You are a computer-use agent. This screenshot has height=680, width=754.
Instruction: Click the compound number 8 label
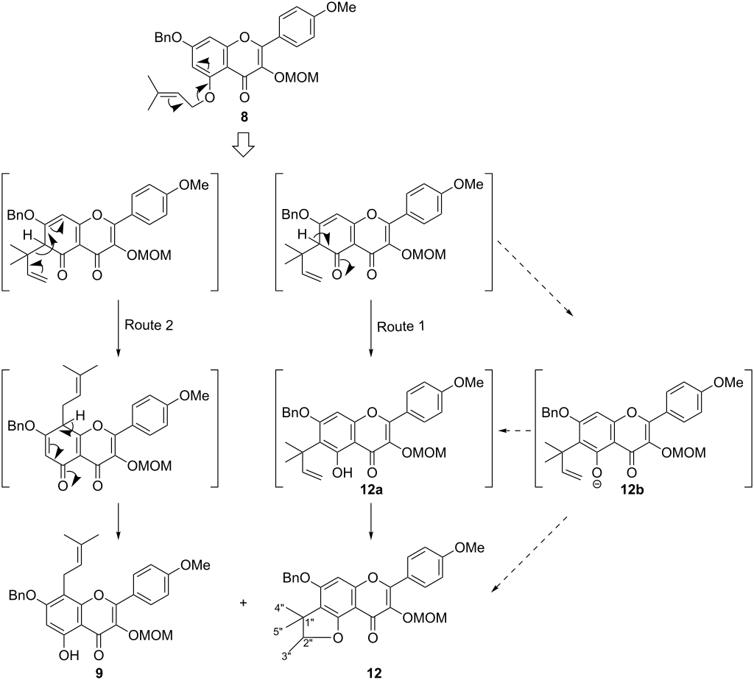[x=244, y=117]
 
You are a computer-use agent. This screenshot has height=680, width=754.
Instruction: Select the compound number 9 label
[x=99, y=673]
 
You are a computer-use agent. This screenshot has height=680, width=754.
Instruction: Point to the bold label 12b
[x=633, y=490]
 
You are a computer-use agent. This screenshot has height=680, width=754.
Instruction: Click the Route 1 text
[x=401, y=327]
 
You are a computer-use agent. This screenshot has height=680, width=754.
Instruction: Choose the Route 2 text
[x=149, y=325]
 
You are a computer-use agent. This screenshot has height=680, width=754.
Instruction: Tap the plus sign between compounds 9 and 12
[x=243, y=602]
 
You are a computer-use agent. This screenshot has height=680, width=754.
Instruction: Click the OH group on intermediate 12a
[x=342, y=473]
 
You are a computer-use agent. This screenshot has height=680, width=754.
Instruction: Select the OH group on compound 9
[x=68, y=655]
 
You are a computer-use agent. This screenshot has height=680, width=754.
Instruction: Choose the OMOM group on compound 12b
[x=684, y=453]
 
